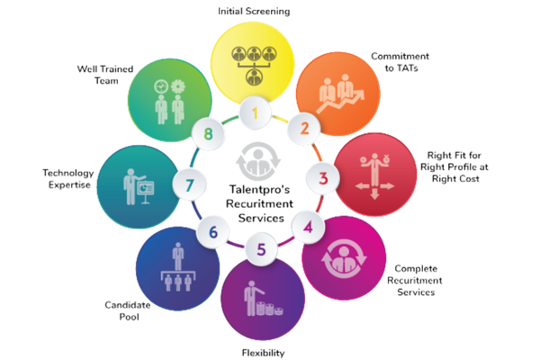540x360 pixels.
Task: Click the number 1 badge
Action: (x=255, y=113)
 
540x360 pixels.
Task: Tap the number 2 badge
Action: (x=304, y=129)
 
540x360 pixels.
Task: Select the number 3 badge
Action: (x=323, y=178)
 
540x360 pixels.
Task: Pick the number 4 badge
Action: (x=308, y=228)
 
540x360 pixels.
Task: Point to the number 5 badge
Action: (x=261, y=249)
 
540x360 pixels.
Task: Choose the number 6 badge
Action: (x=213, y=232)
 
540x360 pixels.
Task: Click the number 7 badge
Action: (x=189, y=185)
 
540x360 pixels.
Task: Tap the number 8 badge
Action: (x=208, y=133)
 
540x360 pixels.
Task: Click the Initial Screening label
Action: (x=254, y=12)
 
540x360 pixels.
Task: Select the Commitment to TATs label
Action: (x=400, y=62)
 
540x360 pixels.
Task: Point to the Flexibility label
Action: (x=263, y=353)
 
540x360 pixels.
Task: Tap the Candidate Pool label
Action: (x=128, y=310)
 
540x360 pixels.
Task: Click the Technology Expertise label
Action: (x=68, y=179)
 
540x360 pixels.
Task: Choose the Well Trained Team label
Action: (x=105, y=75)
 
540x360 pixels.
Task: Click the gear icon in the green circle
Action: (x=177, y=86)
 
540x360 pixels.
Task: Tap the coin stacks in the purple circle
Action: (x=270, y=309)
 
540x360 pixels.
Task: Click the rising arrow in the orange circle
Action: (x=340, y=102)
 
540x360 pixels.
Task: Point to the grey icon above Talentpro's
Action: (x=258, y=161)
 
